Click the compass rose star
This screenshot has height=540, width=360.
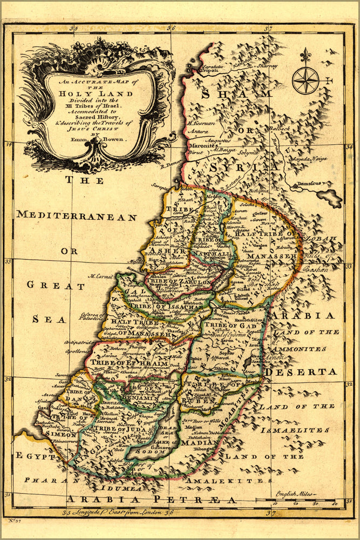[305, 80]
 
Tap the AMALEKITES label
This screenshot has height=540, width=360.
[225, 480]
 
